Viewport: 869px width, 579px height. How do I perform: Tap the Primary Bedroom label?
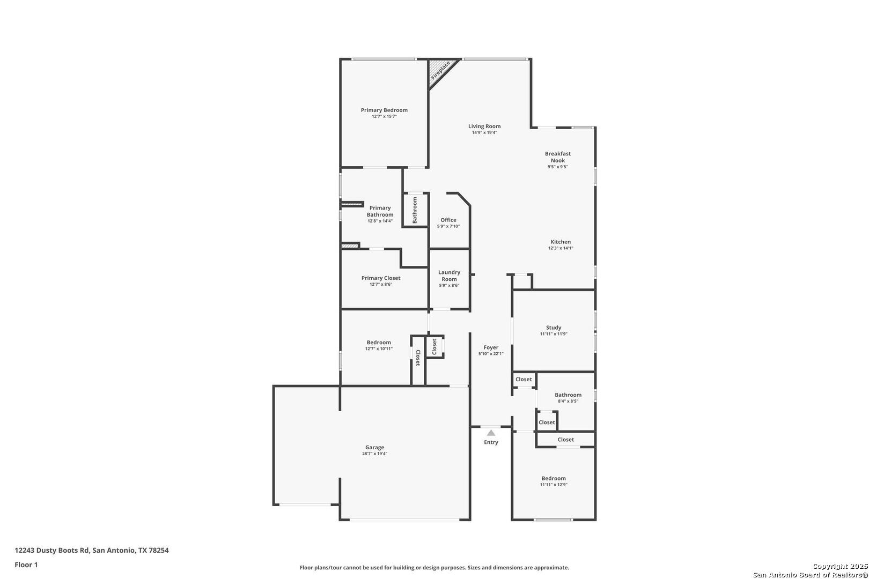(384, 110)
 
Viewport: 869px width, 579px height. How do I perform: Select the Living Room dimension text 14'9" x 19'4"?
(484, 132)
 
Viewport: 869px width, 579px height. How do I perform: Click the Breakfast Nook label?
(558, 157)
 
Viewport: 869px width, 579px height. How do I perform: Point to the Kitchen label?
(561, 242)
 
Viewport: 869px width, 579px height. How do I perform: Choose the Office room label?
(448, 220)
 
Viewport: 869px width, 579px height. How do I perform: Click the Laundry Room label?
(449, 276)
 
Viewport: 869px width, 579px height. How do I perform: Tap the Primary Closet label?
(380, 278)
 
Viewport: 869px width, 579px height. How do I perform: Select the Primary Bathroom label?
(380, 211)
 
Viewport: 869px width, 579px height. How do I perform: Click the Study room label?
(554, 328)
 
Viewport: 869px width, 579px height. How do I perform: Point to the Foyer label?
(491, 347)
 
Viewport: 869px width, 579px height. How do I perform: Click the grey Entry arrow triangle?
(491, 433)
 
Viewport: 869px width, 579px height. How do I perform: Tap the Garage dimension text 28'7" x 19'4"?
(374, 454)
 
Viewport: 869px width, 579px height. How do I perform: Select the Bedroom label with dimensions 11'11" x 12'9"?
(554, 479)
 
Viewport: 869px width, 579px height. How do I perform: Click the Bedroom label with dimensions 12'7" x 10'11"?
(379, 343)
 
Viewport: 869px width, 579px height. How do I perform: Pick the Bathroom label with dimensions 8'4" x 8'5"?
(568, 395)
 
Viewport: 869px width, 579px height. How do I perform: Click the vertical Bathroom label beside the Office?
(415, 210)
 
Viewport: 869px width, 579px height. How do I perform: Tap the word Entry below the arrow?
(491, 442)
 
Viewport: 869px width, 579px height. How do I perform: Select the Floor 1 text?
(26, 565)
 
